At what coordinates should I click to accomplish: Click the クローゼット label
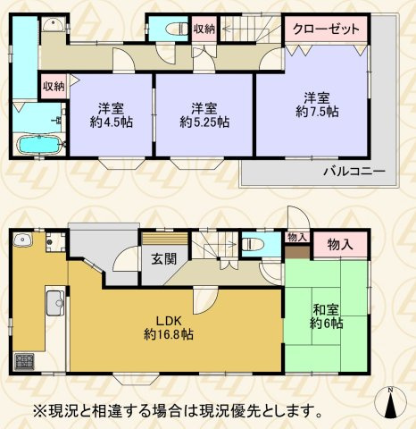pos(327,29)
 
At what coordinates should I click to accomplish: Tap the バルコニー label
pos(354,170)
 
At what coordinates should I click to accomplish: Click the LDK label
pos(171,321)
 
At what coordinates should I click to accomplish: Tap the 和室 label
pos(324,311)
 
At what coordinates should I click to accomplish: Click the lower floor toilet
pos(253,242)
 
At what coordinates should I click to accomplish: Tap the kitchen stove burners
pos(22,362)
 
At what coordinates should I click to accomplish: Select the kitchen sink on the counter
pos(53,300)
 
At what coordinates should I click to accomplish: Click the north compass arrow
pos(392,404)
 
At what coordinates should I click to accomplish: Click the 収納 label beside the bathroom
pos(53,87)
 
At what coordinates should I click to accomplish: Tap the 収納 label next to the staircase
pos(204,29)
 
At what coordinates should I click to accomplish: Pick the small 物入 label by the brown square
pos(297,236)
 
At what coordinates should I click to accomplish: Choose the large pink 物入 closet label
pos(339,244)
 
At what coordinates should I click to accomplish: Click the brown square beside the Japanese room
pos(297,251)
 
